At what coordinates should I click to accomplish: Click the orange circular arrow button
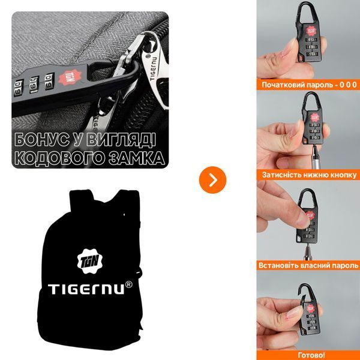[x=212, y=180]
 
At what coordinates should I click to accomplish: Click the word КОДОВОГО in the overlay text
[x=59, y=158]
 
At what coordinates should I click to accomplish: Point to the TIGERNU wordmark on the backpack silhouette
[x=87, y=289]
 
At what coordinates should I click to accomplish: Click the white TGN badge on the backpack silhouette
[x=89, y=261]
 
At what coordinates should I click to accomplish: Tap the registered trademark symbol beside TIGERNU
[x=129, y=284]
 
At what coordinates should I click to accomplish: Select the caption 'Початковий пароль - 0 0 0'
[x=309, y=85]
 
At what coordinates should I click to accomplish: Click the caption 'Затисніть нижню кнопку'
[x=309, y=175]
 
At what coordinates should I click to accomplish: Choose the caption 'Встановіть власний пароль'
[x=308, y=265]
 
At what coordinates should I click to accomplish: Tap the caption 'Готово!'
[x=311, y=355]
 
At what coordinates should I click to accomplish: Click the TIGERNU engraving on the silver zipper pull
[x=154, y=69]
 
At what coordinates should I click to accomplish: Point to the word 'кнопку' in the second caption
[x=344, y=175]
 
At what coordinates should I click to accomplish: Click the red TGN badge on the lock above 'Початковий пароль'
[x=311, y=31]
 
